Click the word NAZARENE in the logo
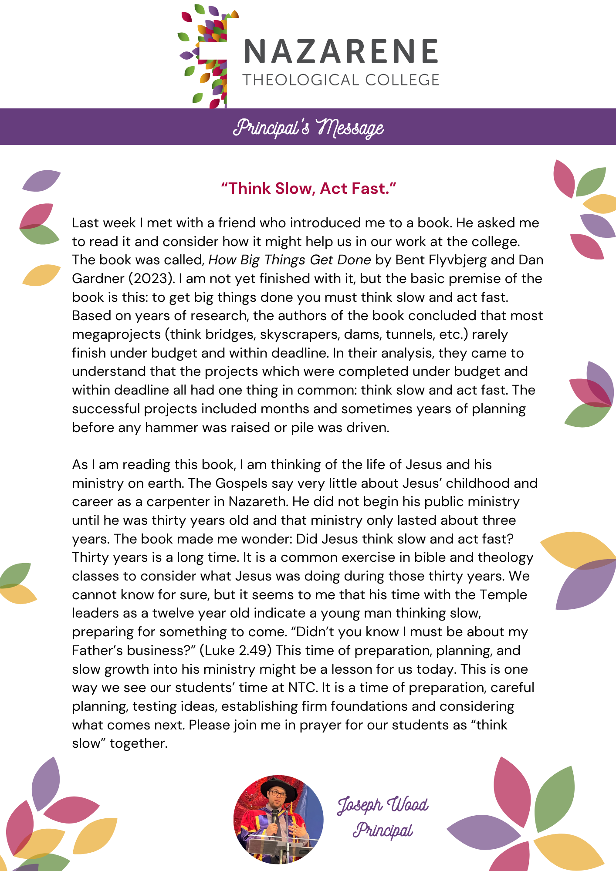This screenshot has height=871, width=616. (x=341, y=51)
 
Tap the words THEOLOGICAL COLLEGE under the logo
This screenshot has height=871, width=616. (x=341, y=80)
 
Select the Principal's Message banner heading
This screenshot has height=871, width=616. (x=308, y=127)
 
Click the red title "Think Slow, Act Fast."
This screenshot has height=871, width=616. (x=308, y=189)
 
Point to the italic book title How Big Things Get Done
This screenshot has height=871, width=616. (x=290, y=260)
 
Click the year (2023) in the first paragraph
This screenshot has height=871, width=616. (x=152, y=279)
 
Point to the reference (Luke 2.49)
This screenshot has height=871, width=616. (x=236, y=651)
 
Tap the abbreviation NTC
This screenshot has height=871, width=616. (x=302, y=688)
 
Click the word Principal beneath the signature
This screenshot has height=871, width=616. (x=383, y=831)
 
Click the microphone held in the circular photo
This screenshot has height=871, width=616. (x=275, y=819)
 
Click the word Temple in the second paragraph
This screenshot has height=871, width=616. (x=503, y=595)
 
